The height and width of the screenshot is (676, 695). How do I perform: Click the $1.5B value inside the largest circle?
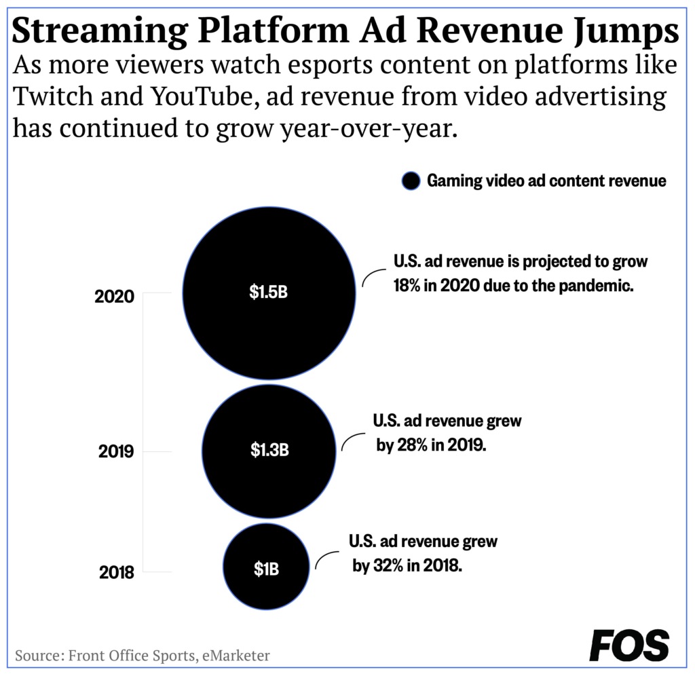click(268, 292)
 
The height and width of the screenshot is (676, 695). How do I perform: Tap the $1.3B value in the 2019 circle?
click(269, 450)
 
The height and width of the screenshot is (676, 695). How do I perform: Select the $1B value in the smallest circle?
click(266, 568)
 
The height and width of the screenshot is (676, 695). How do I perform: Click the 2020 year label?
click(114, 296)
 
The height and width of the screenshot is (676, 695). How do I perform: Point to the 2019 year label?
click(116, 451)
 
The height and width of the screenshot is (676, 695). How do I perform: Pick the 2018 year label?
click(117, 572)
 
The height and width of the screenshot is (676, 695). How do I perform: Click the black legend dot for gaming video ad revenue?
click(411, 181)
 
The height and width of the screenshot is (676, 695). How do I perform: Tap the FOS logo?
click(629, 645)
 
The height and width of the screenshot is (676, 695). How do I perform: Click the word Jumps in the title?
click(626, 32)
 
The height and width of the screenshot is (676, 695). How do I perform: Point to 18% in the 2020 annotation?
click(407, 285)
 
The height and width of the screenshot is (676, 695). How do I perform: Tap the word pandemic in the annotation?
click(596, 286)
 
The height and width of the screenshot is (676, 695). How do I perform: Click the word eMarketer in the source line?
click(236, 655)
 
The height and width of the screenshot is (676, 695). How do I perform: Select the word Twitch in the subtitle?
click(53, 96)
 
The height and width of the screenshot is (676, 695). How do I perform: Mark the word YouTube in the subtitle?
click(204, 96)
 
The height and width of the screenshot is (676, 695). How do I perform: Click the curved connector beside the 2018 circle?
click(326, 559)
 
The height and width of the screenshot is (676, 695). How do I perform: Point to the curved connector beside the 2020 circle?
click(374, 277)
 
